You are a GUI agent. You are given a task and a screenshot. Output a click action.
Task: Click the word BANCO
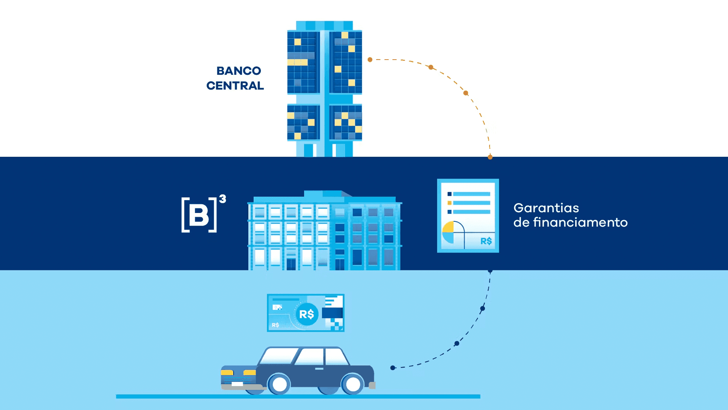click(x=238, y=71)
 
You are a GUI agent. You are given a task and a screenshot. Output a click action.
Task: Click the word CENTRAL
click(x=235, y=86)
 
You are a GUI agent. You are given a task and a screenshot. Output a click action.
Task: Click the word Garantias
click(x=546, y=208)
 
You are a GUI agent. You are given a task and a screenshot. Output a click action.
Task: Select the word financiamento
click(x=580, y=222)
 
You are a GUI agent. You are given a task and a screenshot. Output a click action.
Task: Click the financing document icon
click(x=468, y=215)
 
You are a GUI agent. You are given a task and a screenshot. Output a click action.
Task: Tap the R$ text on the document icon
click(x=486, y=241)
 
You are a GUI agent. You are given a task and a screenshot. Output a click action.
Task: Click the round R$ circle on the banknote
click(x=307, y=314)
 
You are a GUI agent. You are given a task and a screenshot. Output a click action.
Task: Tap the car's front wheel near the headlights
click(x=280, y=385)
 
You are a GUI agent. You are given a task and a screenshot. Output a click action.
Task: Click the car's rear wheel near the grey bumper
click(x=353, y=385)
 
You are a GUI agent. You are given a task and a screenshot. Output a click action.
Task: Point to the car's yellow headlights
click(x=238, y=373)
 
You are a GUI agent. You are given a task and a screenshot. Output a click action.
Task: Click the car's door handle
click(x=319, y=369)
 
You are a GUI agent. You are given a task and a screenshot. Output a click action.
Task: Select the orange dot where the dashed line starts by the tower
click(x=370, y=60)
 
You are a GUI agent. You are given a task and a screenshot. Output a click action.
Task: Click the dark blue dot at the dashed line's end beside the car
click(x=393, y=367)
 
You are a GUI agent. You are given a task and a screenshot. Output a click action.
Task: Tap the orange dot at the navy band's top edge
click(x=490, y=157)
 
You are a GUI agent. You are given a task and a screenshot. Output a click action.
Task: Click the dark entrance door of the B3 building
click(x=291, y=263)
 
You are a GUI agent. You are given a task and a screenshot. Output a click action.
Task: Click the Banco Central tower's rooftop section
click(x=324, y=25)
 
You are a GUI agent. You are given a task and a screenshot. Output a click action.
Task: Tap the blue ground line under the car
click(x=298, y=396)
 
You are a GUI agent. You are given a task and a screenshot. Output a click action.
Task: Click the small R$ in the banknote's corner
click(x=276, y=325)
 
